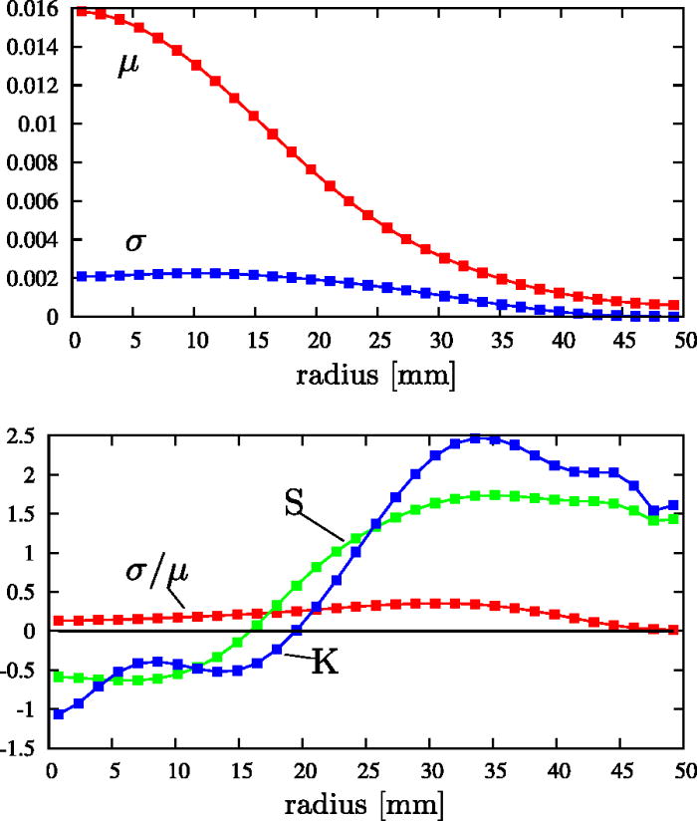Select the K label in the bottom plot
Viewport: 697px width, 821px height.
pos(325,663)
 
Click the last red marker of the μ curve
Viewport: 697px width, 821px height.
pos(674,305)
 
